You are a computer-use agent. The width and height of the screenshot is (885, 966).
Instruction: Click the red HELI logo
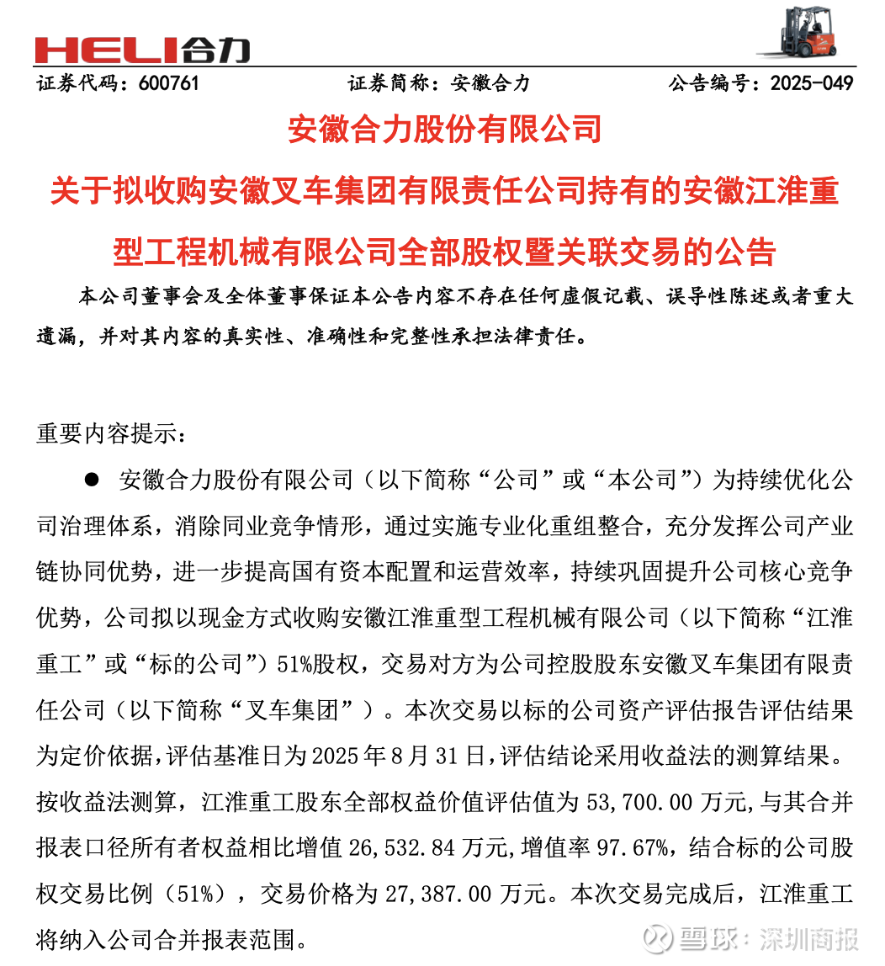point(142,50)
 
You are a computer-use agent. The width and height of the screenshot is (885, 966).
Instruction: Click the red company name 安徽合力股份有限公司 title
point(443,130)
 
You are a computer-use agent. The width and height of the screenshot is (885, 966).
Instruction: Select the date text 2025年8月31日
point(400,755)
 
